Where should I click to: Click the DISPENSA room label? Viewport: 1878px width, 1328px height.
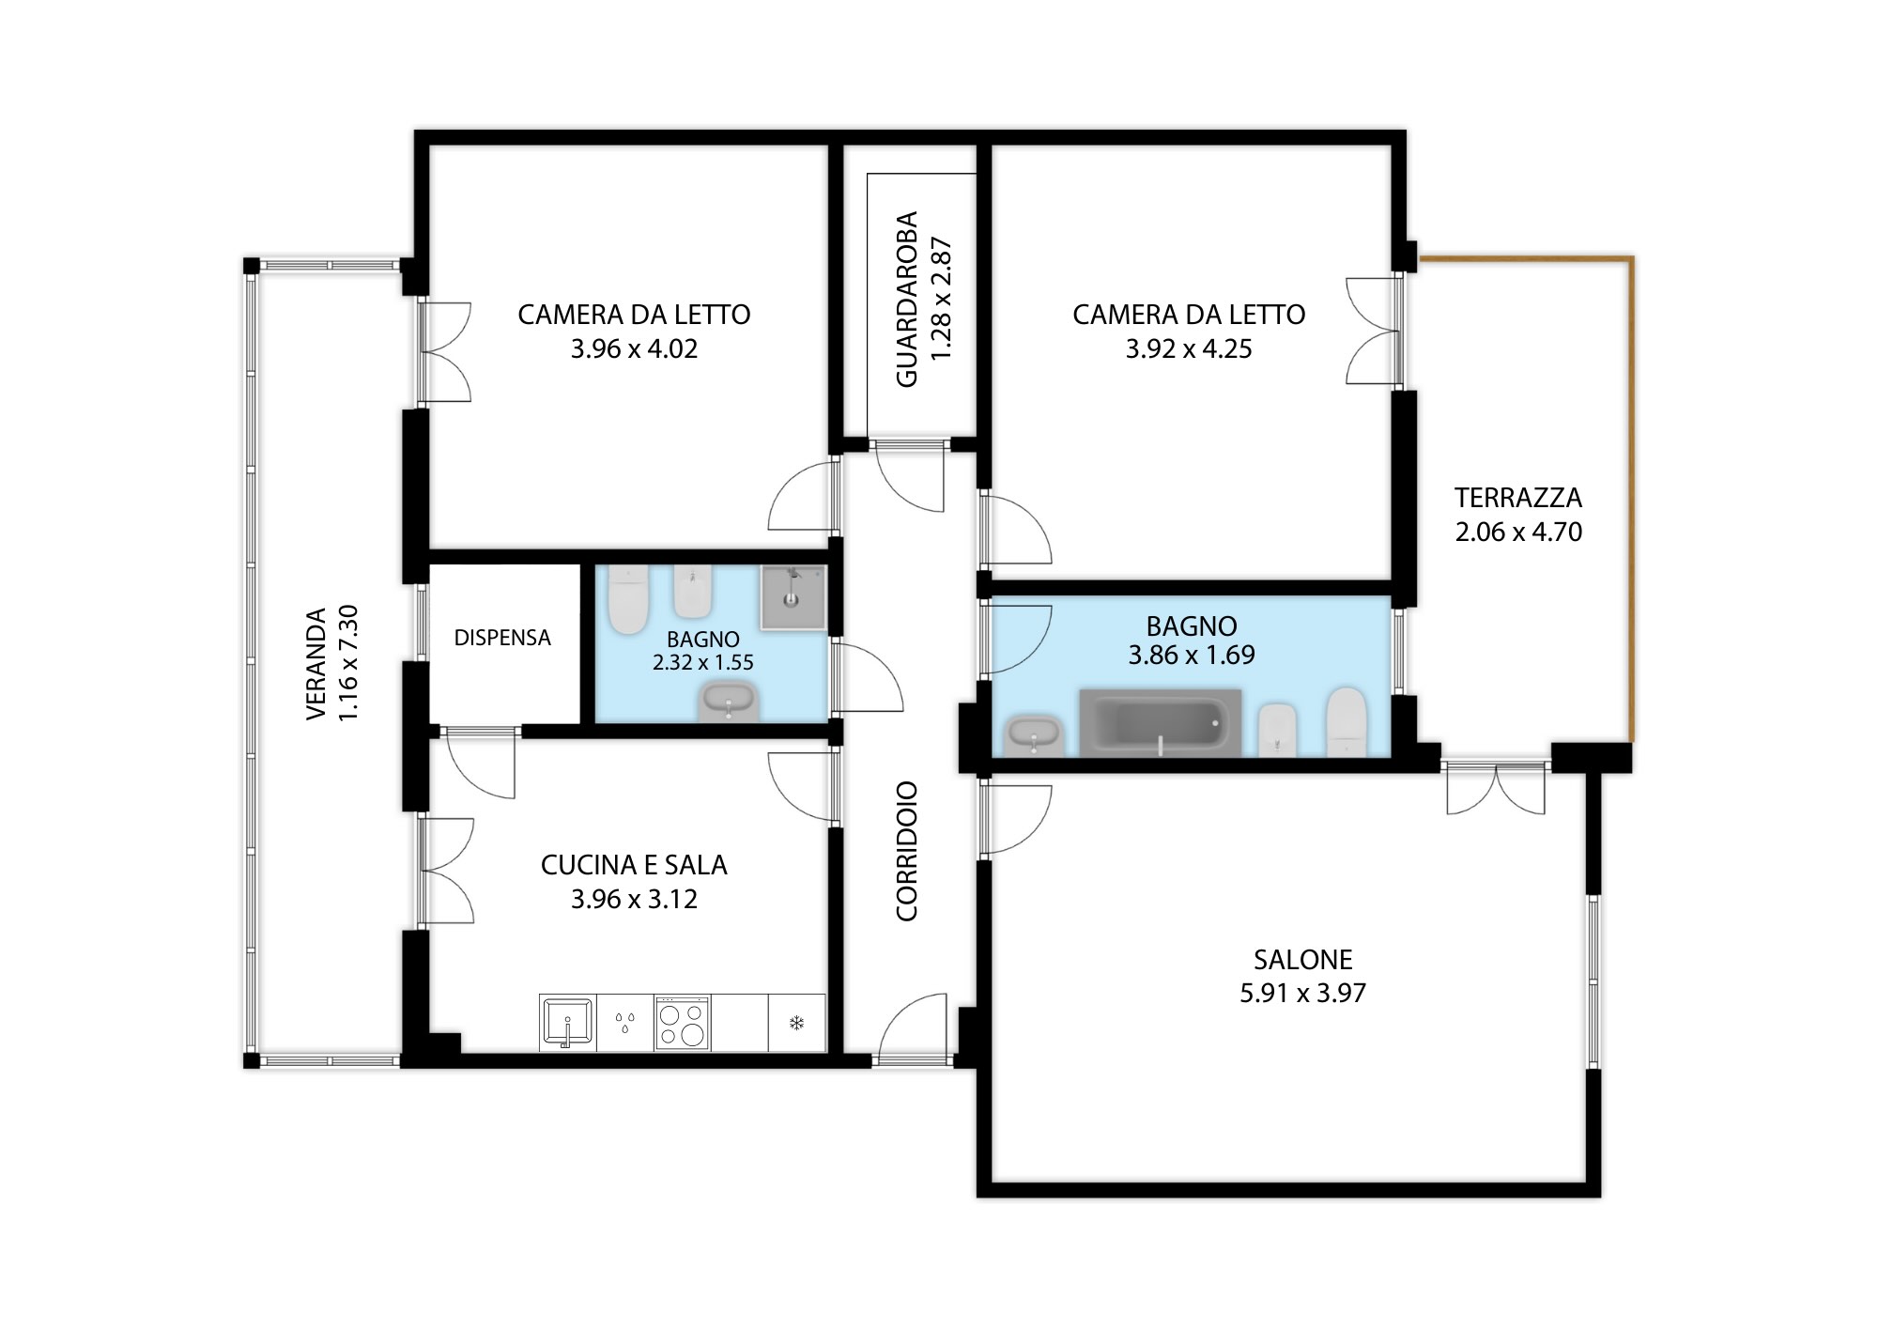tap(502, 638)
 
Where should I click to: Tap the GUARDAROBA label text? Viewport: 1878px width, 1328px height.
tap(906, 299)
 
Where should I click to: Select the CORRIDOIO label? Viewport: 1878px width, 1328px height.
tap(906, 851)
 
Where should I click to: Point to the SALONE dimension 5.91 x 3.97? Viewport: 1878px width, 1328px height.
tap(1302, 993)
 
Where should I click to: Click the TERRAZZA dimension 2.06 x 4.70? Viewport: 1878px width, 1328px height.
tap(1518, 532)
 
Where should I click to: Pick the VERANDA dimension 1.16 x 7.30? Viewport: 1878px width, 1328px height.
tap(348, 663)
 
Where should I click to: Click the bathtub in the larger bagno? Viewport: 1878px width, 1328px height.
tap(1161, 723)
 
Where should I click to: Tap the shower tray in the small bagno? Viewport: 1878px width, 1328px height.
tap(793, 596)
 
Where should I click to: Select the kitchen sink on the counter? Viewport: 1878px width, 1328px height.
tap(567, 1023)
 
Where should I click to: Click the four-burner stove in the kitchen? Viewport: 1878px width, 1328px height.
tap(683, 1023)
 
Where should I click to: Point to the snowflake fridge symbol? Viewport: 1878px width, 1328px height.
tap(796, 1022)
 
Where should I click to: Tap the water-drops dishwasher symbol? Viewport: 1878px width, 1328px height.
tap(624, 1022)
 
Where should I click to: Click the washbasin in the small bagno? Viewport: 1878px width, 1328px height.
tap(729, 703)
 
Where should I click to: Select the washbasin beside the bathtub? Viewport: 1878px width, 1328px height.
tap(1034, 735)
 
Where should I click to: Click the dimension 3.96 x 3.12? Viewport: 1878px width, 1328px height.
tap(634, 899)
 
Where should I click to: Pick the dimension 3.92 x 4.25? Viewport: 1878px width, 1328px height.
tap(1189, 348)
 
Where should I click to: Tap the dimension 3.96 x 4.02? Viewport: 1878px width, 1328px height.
tap(634, 348)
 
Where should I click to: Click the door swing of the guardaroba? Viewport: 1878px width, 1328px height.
tap(909, 477)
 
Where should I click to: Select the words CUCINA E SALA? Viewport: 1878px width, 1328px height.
tap(634, 865)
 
